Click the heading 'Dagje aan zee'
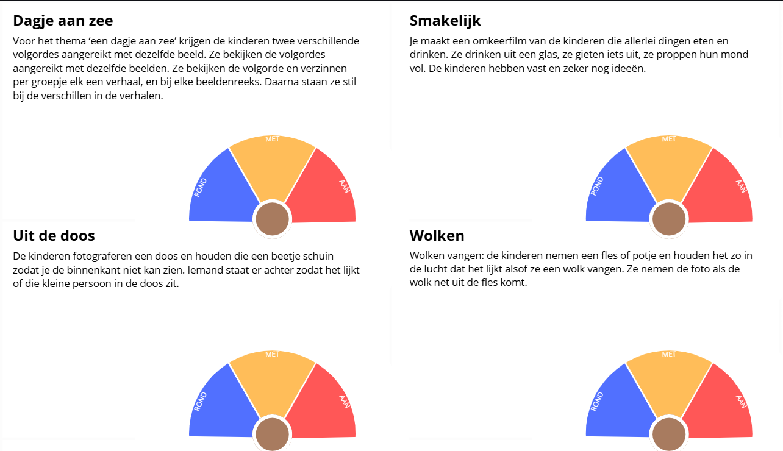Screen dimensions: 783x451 click(63, 21)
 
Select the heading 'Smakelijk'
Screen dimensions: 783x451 click(445, 21)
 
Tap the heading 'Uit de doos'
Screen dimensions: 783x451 click(54, 236)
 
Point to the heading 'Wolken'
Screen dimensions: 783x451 click(437, 236)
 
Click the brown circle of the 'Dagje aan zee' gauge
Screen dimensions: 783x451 click(273, 219)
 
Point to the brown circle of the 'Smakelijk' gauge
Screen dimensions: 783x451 click(669, 219)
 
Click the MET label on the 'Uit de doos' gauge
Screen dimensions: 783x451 click(273, 355)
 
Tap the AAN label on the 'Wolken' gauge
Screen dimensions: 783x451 click(741, 402)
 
